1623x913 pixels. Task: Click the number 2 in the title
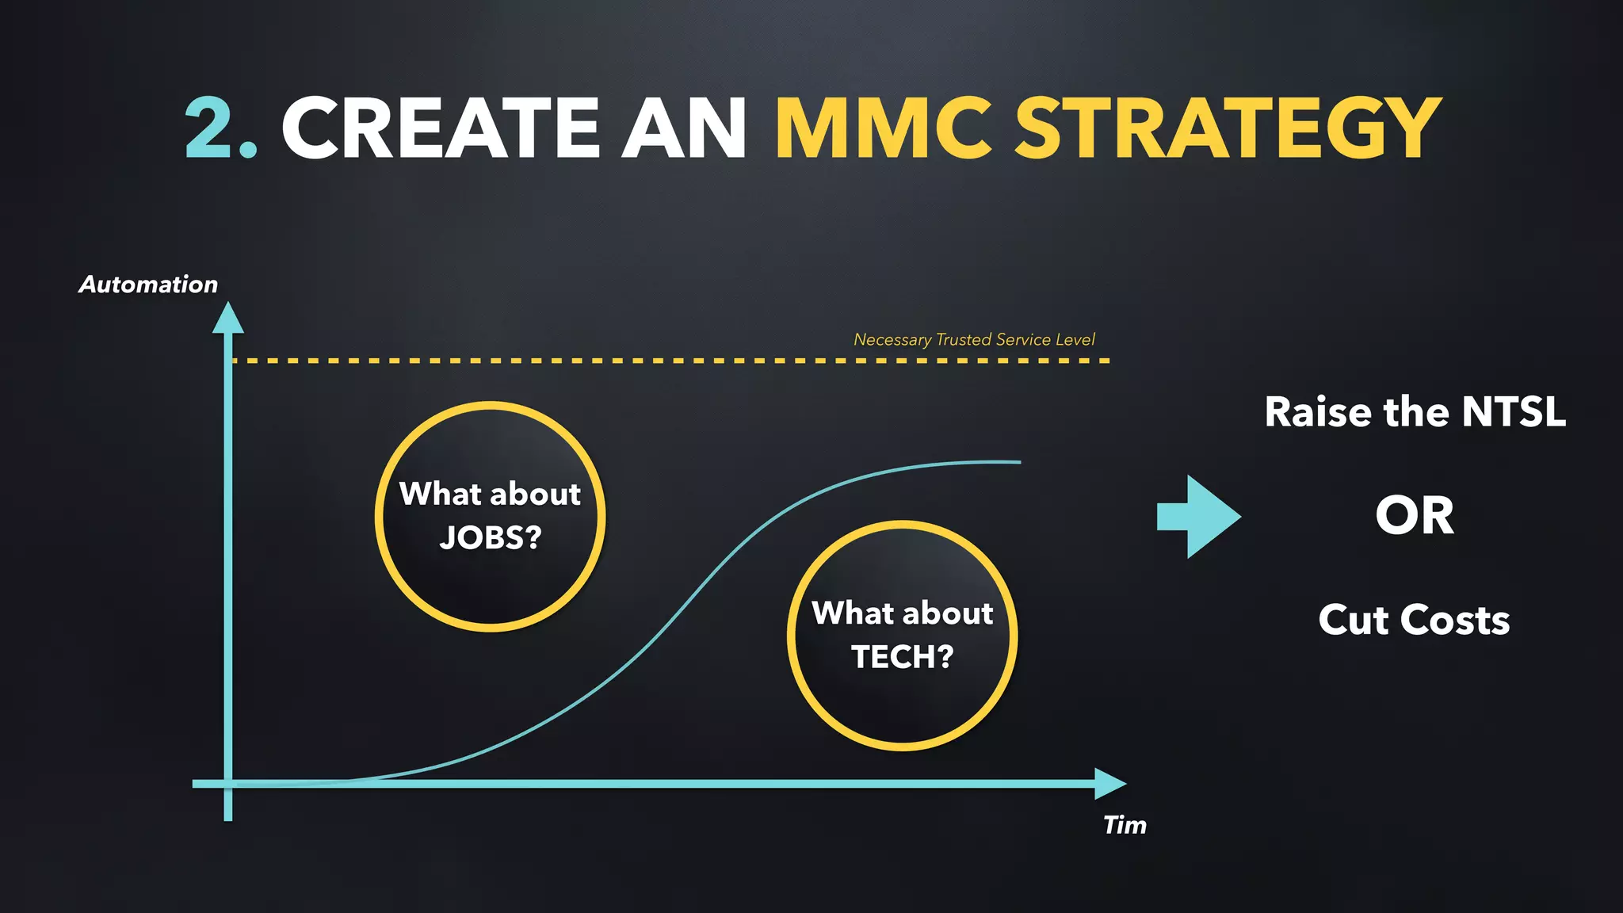[x=209, y=127]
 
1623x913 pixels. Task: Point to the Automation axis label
[x=148, y=285]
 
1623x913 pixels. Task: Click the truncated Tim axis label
[x=1125, y=825]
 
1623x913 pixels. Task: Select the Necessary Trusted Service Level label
[x=974, y=340]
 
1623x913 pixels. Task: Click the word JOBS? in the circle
[x=491, y=538]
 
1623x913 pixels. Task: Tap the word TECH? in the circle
[x=902, y=657]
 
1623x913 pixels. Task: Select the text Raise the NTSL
[x=1415, y=412]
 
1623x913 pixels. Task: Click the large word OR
[x=1415, y=516]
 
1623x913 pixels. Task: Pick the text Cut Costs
[x=1414, y=620]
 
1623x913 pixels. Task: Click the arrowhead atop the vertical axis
[x=228, y=319]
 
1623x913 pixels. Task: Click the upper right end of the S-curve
[x=1018, y=461]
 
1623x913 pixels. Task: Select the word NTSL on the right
[x=1514, y=412]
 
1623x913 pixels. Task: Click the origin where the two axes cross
[x=228, y=783]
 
